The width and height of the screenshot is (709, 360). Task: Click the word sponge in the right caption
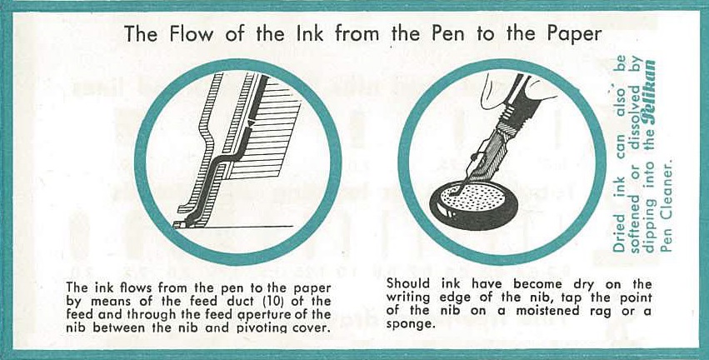pos(406,325)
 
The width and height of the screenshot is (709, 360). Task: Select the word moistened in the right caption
pos(535,311)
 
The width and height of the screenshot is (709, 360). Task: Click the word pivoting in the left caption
pos(277,327)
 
